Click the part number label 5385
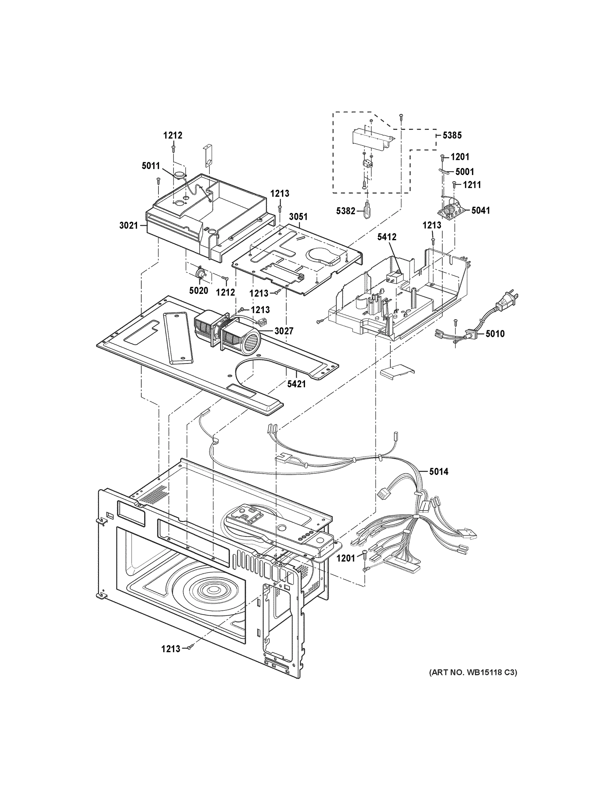[452, 135]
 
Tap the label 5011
[151, 166]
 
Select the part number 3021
[129, 226]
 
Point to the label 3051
[298, 217]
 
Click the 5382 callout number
[345, 211]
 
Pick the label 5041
[480, 210]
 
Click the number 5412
[387, 237]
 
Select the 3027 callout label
[284, 331]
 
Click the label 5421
[296, 384]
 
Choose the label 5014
[439, 472]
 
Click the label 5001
[464, 171]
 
